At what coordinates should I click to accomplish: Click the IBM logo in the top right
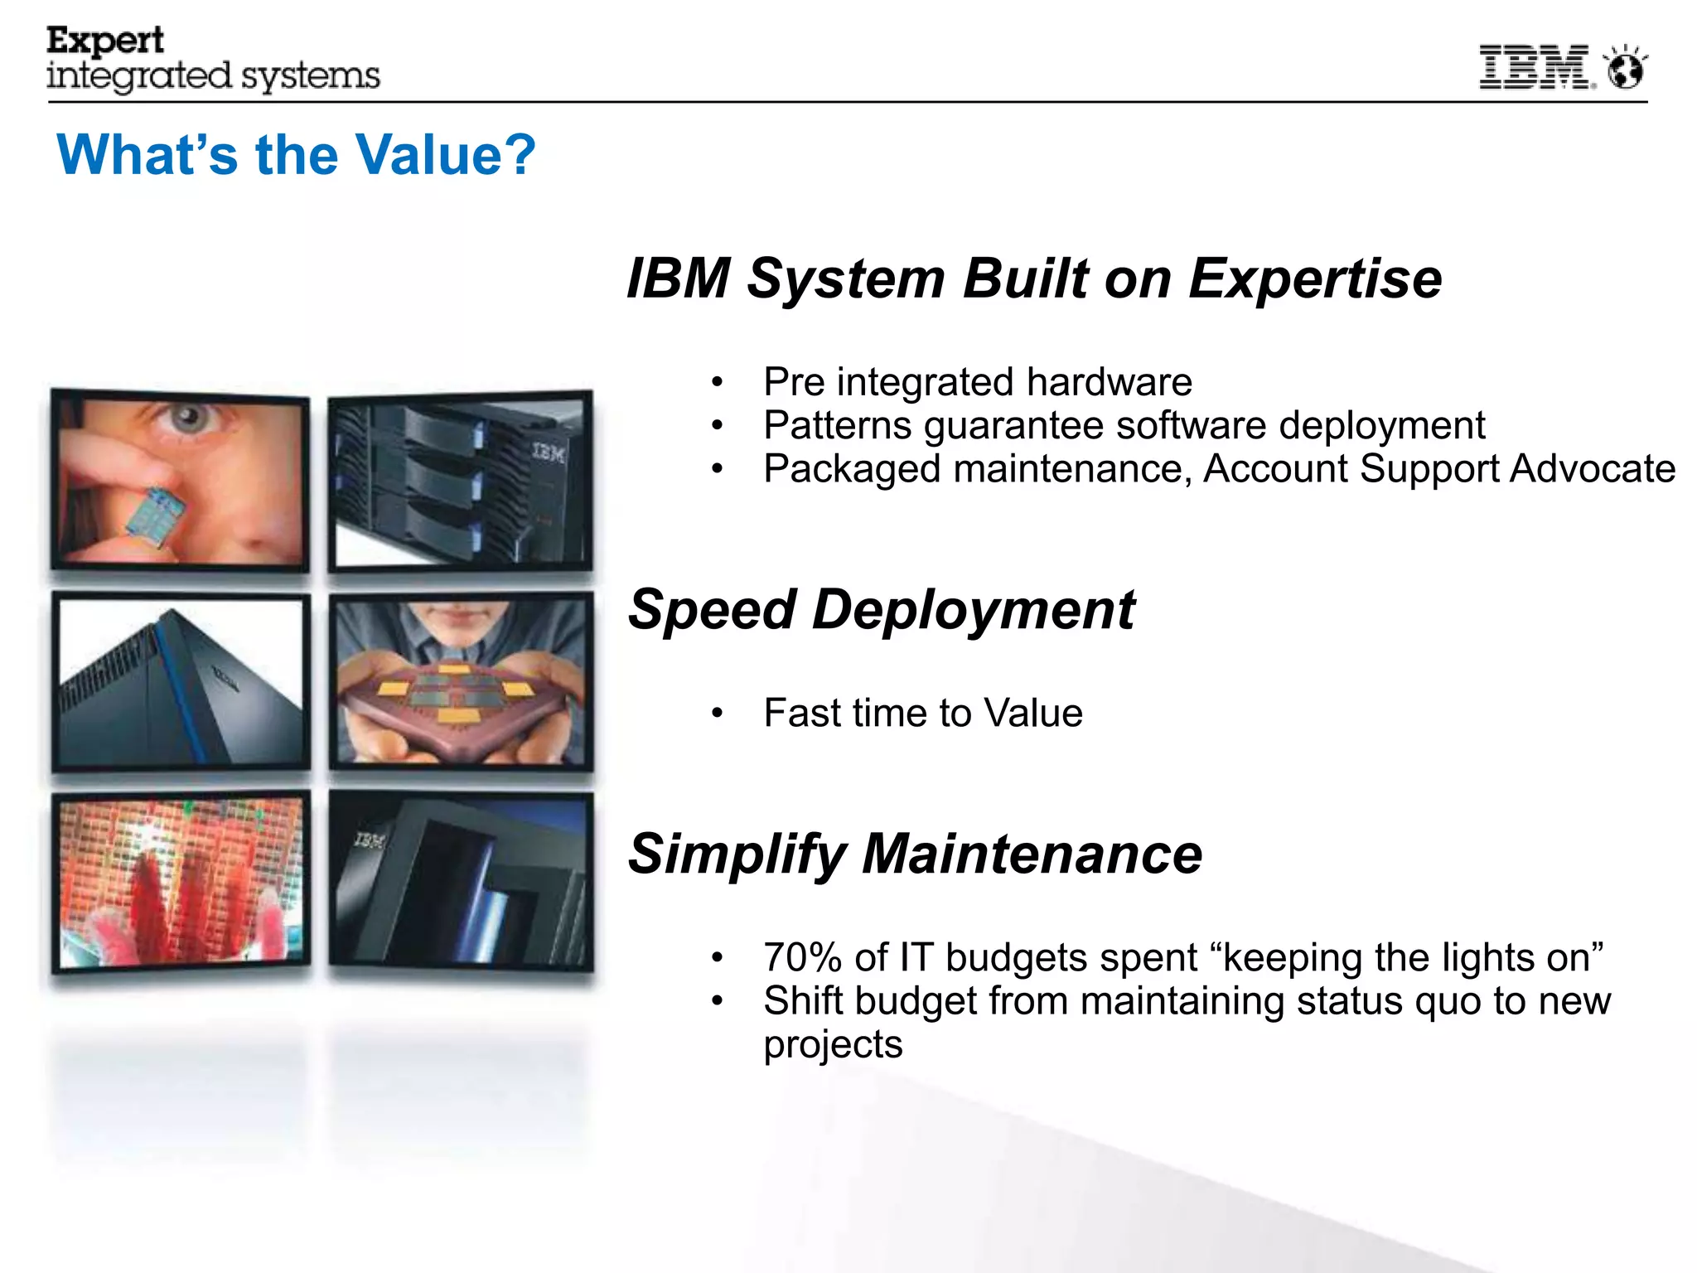(x=1534, y=67)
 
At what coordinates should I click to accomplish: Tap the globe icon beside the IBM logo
(x=1625, y=68)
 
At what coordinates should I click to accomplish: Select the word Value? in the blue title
(x=445, y=155)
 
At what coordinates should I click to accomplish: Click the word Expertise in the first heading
(x=1315, y=278)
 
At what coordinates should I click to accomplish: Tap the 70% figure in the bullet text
(x=802, y=958)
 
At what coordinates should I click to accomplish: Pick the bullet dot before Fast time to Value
(x=718, y=714)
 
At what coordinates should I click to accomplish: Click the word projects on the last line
(x=832, y=1044)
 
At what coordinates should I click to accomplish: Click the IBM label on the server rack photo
(x=548, y=453)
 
